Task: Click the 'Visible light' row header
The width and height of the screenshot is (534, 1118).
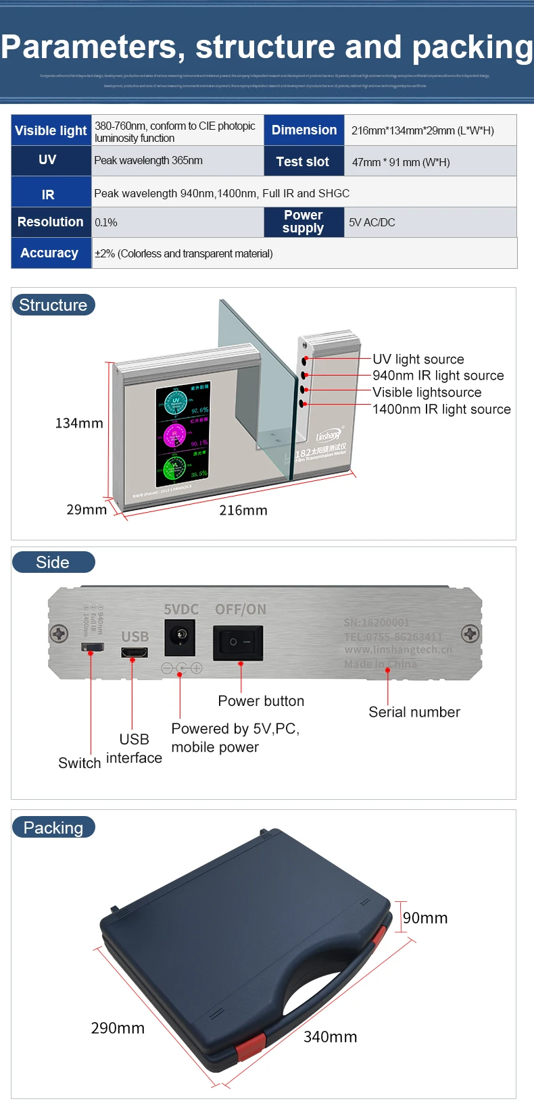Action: pos(51,130)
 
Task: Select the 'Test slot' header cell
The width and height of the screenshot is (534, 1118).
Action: pos(303,161)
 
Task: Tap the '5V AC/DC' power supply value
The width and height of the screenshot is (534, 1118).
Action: pos(372,222)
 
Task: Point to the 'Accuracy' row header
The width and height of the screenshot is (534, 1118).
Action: pos(49,253)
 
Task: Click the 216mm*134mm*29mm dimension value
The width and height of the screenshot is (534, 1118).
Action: pos(422,130)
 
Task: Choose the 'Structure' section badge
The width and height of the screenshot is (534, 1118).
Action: pos(53,305)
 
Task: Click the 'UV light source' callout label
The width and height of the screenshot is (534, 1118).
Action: pos(418,359)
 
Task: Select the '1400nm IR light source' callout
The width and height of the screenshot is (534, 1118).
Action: pos(441,409)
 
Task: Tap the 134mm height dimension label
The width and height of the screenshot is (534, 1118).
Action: pos(79,423)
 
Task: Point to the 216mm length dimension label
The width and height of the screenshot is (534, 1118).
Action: pos(243,510)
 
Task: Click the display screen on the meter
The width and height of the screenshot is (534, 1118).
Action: pos(183,434)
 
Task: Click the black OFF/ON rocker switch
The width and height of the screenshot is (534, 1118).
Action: pos(238,642)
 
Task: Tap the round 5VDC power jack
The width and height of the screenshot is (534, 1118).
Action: pos(180,636)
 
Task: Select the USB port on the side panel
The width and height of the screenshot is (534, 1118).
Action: pos(135,652)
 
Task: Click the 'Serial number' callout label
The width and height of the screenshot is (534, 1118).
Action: pos(414,712)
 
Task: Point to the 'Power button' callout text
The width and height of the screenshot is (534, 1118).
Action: pos(261,701)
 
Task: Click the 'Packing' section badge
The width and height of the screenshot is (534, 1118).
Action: pos(53,828)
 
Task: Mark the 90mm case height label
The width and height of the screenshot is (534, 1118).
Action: pos(425,917)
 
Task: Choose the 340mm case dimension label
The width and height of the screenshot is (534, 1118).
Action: pos(330,1036)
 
